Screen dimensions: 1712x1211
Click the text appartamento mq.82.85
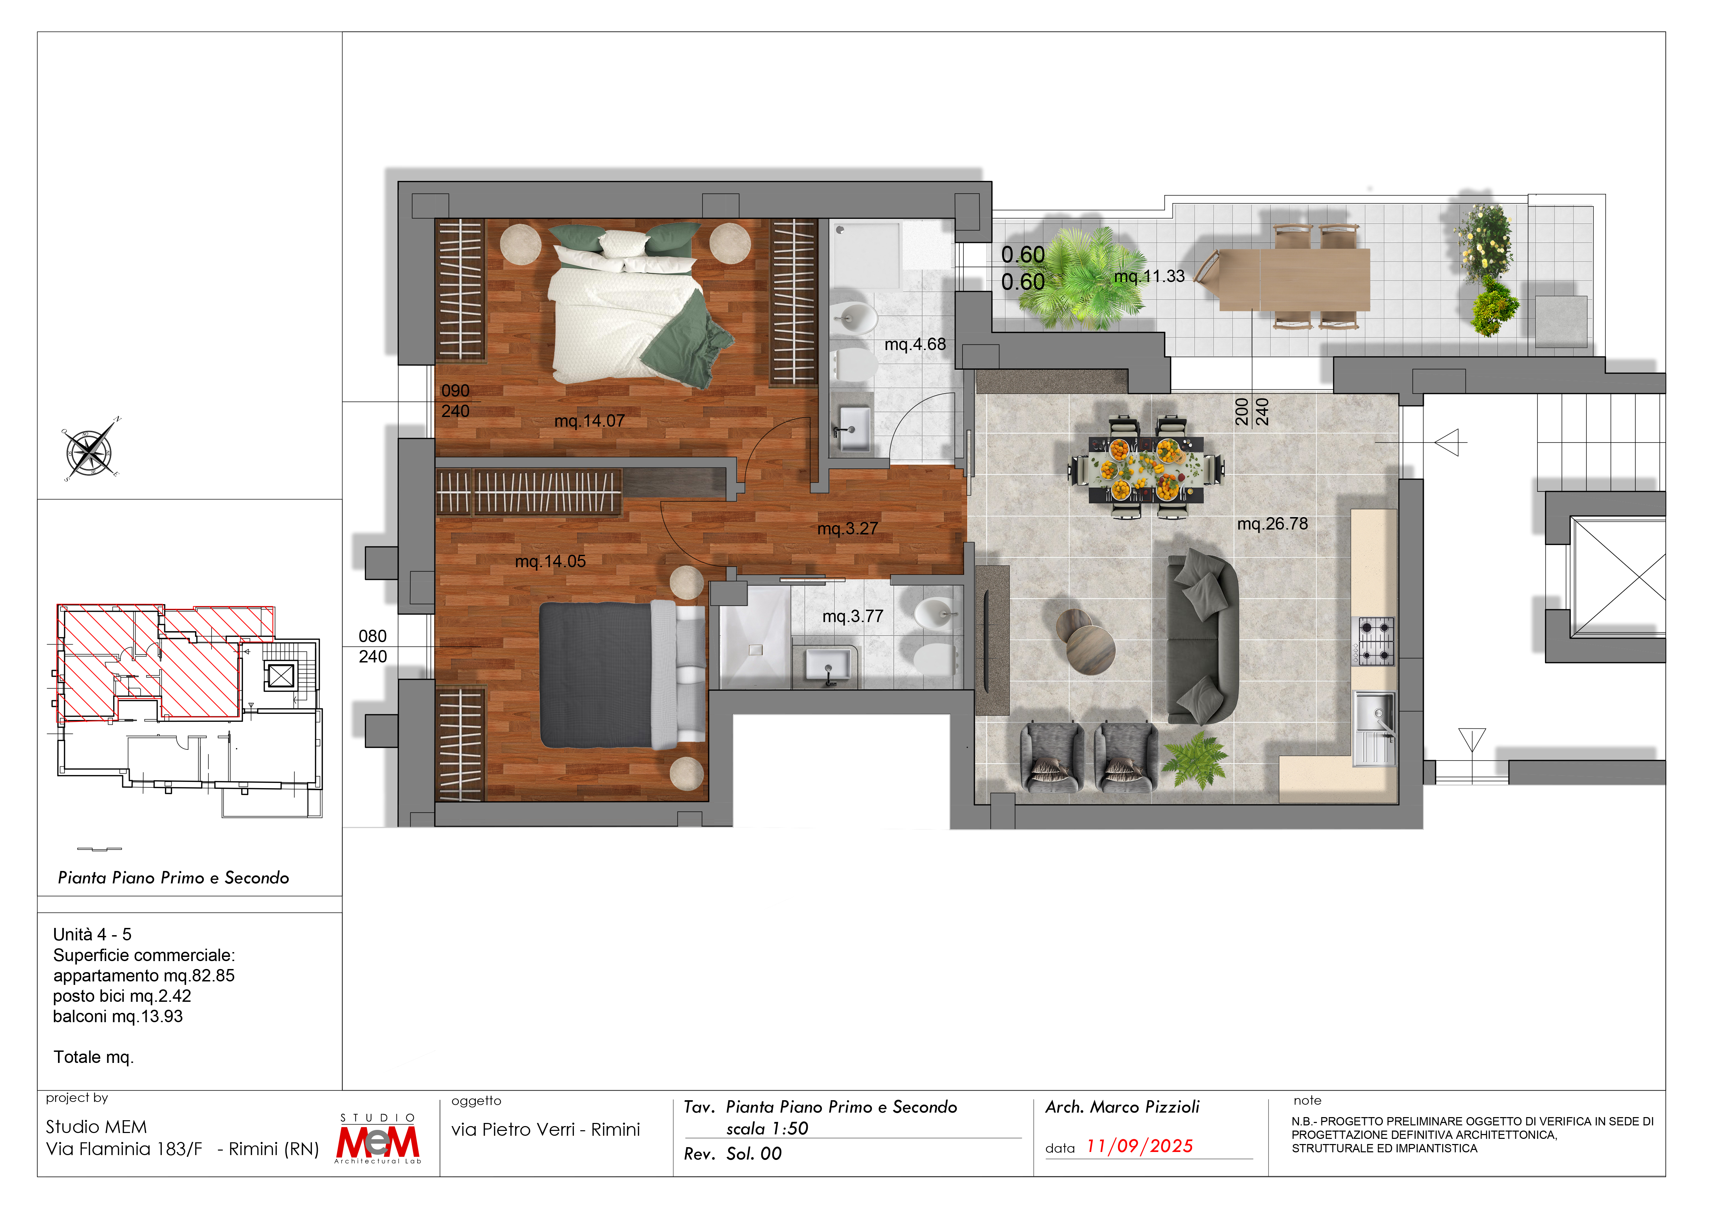coord(144,975)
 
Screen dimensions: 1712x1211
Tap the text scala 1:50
coord(767,1129)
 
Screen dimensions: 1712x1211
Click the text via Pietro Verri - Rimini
coord(546,1130)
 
